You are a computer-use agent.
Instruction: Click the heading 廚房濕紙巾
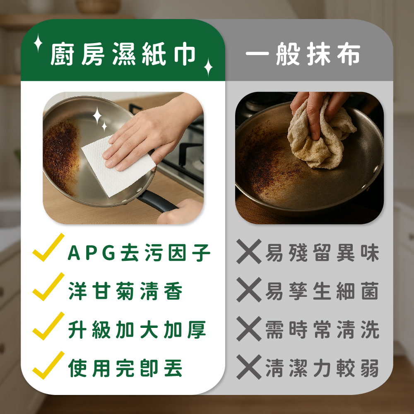tap(123, 54)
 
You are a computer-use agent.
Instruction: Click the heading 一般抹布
tap(303, 54)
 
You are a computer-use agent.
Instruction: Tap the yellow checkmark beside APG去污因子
tap(48, 248)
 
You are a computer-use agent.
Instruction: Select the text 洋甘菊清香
tap(125, 291)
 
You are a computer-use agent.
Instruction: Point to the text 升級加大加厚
tap(137, 330)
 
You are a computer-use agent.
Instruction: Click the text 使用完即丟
tap(125, 368)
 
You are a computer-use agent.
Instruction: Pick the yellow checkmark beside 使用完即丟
tap(48, 366)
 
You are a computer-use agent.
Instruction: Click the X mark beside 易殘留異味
tap(249, 252)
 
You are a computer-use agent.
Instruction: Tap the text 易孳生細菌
tap(323, 291)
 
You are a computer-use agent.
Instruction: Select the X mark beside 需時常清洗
tap(249, 329)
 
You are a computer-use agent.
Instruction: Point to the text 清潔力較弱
tap(323, 368)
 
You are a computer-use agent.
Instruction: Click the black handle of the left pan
tap(157, 202)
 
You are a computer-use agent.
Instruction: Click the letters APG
tap(91, 253)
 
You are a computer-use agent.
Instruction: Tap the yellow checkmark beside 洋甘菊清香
tap(48, 287)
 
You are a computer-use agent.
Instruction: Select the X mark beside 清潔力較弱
tap(249, 367)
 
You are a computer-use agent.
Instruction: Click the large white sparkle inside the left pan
tap(97, 116)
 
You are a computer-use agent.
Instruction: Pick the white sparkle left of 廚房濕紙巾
tap(38, 43)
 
